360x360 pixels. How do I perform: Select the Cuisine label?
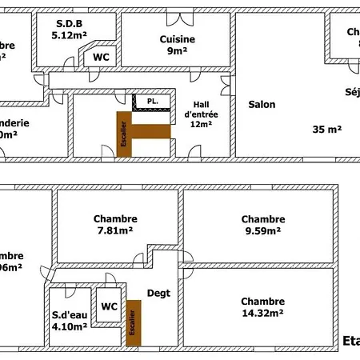coord(178,39)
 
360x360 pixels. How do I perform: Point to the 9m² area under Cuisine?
coord(178,50)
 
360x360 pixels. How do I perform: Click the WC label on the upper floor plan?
coord(101,58)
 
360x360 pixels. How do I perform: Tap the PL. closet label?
coord(151,102)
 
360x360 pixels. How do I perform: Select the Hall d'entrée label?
coord(200,114)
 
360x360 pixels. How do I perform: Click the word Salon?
coord(262,105)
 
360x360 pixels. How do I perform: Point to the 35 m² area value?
coord(327,129)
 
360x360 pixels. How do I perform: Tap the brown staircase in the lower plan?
coord(133,323)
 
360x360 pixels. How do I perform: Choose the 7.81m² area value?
coord(115,231)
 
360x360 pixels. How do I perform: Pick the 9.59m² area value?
coord(262,231)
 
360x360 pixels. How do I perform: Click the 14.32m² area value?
coord(262,314)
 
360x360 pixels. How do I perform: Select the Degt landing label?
coord(158,294)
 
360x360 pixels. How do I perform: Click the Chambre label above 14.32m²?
coord(262,302)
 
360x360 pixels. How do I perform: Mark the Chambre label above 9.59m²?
coord(262,219)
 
